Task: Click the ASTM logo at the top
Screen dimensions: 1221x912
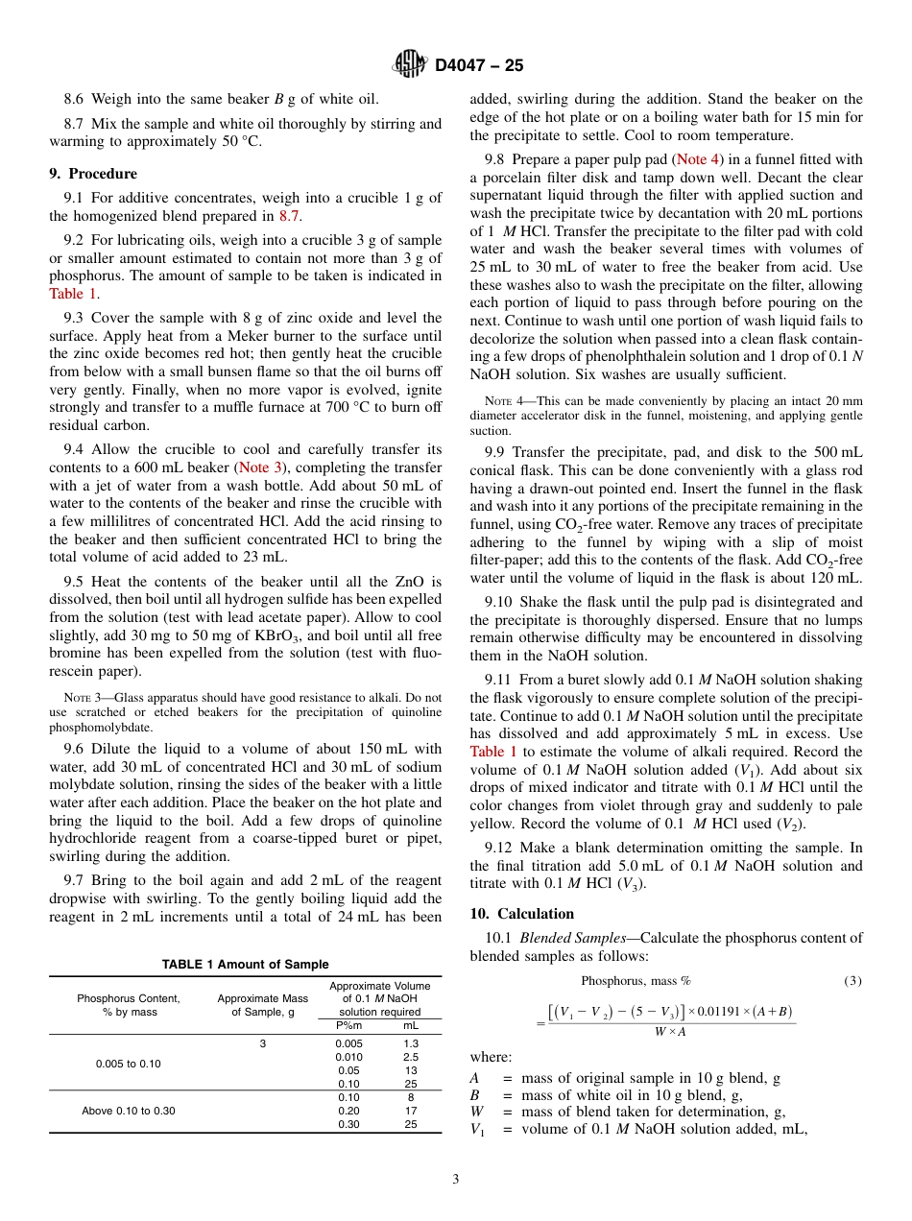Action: (x=411, y=65)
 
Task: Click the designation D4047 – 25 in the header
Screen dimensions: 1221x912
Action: (x=479, y=66)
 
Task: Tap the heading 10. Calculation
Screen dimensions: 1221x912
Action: (x=522, y=914)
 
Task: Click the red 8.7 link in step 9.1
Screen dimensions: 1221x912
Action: (x=288, y=216)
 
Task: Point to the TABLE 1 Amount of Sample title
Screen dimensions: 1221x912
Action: (x=245, y=965)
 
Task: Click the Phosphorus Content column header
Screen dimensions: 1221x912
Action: (x=129, y=1005)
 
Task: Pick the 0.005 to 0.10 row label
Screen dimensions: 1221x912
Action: (x=129, y=1064)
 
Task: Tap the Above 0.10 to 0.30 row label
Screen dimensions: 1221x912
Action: (x=129, y=1111)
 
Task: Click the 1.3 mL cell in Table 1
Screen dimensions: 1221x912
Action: (x=411, y=1043)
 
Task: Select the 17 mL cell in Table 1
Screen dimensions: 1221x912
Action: (x=411, y=1111)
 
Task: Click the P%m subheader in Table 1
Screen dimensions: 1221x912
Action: (x=348, y=1026)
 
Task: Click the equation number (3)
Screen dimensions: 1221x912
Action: (x=852, y=981)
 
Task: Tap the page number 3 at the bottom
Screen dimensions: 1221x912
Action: (x=455, y=1180)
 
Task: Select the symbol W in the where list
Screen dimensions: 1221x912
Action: (x=477, y=1113)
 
